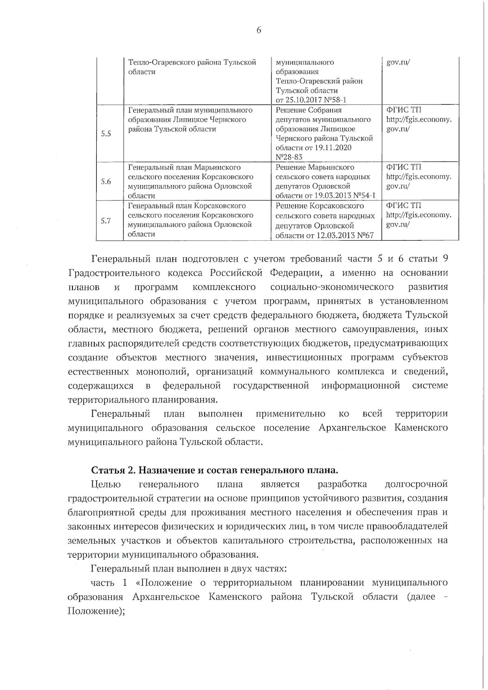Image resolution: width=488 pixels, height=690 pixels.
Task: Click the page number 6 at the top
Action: tap(259, 30)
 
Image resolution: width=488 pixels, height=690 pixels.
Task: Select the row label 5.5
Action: tap(106, 133)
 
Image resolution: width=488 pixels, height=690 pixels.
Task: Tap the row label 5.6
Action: tap(106, 181)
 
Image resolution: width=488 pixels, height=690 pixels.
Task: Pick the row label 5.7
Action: tap(106, 221)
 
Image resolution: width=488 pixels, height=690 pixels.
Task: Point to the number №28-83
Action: tap(289, 157)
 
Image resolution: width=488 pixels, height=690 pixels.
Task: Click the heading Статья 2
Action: tap(113, 470)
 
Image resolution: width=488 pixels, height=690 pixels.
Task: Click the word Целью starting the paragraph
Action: tap(106, 484)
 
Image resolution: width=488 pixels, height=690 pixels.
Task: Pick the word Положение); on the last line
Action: tap(96, 611)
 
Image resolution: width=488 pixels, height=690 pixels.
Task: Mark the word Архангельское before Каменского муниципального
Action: tap(352, 428)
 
